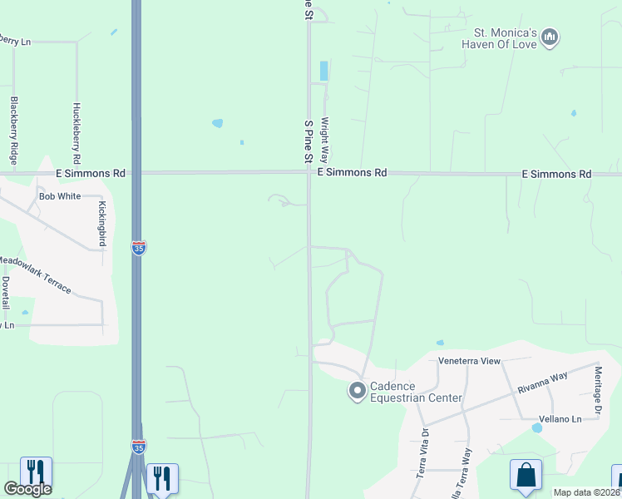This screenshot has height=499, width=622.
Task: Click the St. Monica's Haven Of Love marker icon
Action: coord(549,37)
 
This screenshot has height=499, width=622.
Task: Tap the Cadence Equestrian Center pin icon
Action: coord(358,390)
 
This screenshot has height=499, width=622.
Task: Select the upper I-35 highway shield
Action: coord(138,248)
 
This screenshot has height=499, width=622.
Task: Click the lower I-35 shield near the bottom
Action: coord(138,447)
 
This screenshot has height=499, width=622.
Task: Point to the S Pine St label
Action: coord(308,141)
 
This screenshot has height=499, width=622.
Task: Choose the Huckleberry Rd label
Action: coord(77,132)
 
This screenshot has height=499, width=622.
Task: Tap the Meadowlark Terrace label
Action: coord(35,275)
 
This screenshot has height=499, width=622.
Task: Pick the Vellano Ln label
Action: coord(558,419)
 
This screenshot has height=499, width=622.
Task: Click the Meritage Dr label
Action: coord(597,393)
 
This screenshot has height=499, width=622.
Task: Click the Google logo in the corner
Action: coord(28,489)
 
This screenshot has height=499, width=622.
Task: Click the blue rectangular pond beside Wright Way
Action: coord(323,71)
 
